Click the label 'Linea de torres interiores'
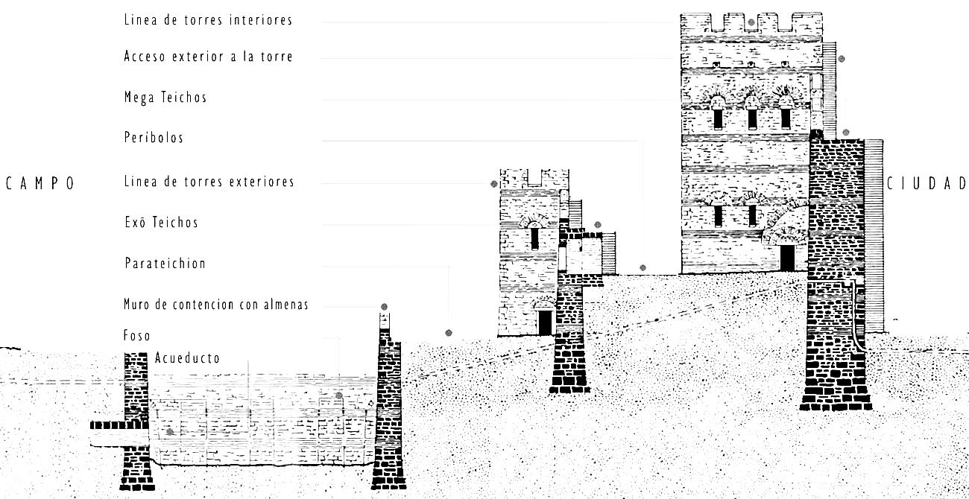[208, 20]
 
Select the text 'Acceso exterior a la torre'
[208, 57]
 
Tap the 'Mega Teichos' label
[165, 98]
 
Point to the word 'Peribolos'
[154, 138]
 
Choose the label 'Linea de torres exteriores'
[209, 182]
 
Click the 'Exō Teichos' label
[161, 223]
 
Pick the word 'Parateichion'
[165, 264]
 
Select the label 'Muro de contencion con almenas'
[215, 305]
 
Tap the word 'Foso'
[137, 336]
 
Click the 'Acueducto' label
[187, 358]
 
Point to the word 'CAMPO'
[40, 184]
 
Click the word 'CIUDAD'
[926, 183]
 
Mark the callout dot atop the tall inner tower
[751, 22]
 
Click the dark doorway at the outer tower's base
[545, 322]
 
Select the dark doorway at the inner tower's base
[787, 258]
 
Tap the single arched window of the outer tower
[534, 237]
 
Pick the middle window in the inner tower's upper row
[752, 118]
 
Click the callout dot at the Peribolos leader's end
[643, 268]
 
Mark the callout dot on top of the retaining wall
[384, 307]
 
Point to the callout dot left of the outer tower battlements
[493, 184]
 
